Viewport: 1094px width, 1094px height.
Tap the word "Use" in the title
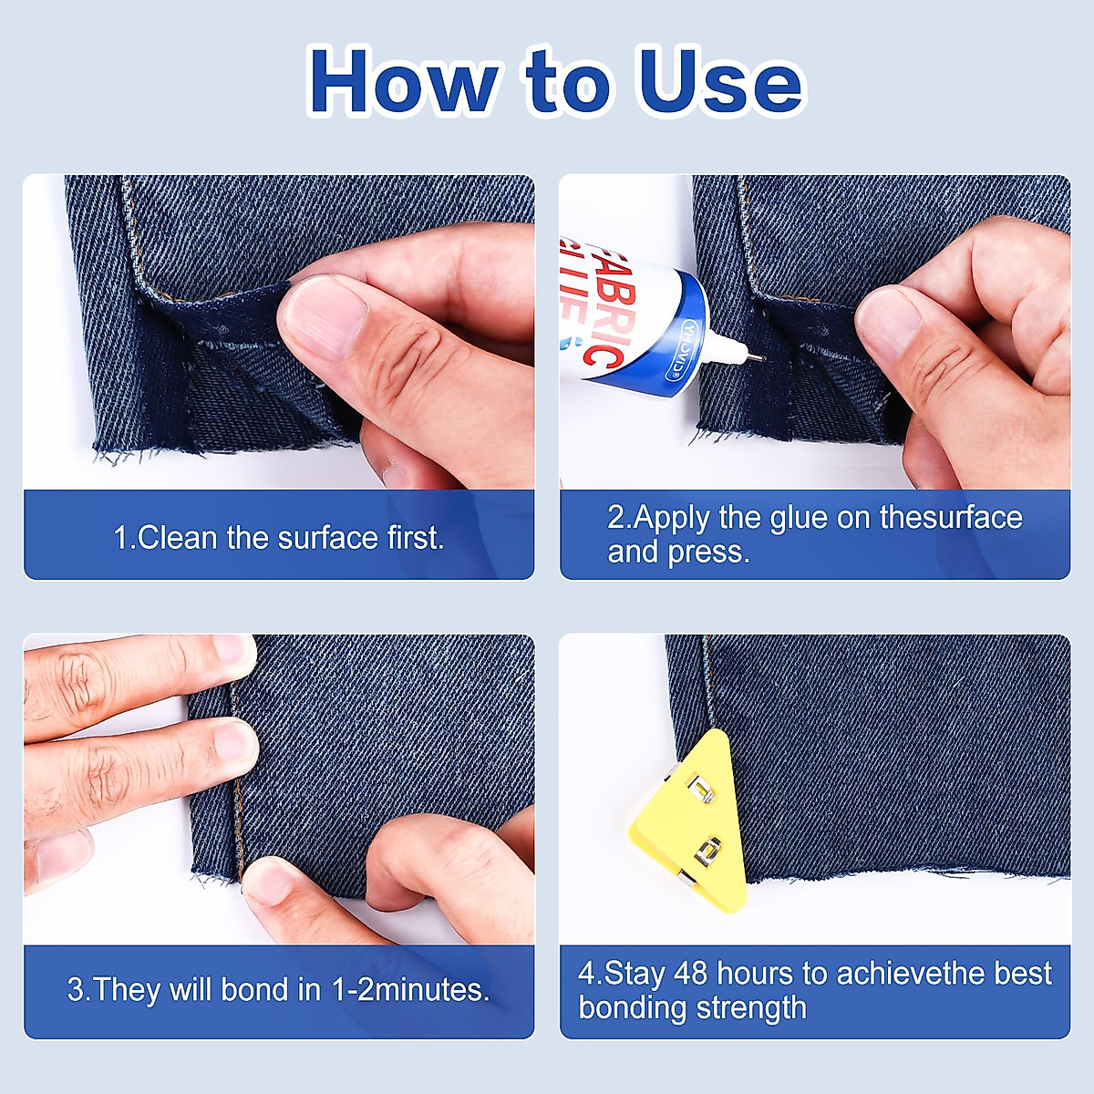[x=721, y=81]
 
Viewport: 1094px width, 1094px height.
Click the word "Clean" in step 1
[x=177, y=537]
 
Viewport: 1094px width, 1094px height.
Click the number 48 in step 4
[x=690, y=973]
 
